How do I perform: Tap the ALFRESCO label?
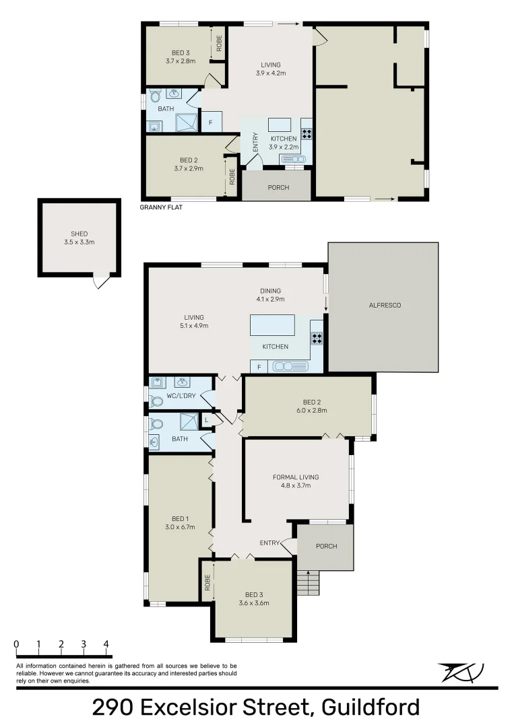385,305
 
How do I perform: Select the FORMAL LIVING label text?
296,481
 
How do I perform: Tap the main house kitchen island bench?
272,325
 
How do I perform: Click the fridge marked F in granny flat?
211,123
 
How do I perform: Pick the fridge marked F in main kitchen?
259,367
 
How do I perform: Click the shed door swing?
100,283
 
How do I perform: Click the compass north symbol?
461,672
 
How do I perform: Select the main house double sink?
290,367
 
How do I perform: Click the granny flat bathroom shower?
187,122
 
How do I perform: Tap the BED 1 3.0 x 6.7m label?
179,522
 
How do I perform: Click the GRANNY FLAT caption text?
161,208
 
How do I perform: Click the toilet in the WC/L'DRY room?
157,401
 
